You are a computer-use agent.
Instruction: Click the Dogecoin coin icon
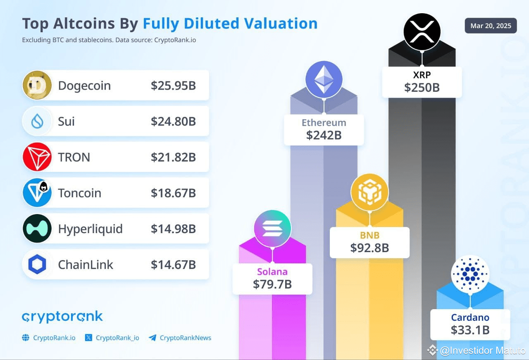37,85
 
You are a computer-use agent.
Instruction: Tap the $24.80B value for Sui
173,122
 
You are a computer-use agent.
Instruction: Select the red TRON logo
37,157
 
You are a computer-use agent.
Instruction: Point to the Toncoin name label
79,193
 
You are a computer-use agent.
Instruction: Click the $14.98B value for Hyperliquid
173,229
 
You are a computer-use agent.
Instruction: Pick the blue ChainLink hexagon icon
37,265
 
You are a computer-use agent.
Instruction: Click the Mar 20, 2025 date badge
491,26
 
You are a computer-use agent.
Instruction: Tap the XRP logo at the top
422,32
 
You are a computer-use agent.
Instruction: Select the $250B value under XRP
422,88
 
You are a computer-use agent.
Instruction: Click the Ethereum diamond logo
324,79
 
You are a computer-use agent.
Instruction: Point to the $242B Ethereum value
324,135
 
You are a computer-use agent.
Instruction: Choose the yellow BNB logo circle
369,192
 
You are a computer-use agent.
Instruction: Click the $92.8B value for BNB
369,248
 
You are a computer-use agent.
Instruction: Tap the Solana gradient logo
273,228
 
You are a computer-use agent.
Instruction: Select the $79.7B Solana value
273,284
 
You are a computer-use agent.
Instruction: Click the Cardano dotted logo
470,274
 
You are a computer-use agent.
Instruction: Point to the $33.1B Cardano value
470,330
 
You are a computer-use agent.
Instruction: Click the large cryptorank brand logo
62,317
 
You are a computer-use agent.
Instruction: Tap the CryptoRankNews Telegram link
185,338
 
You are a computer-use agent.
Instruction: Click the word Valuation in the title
281,24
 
